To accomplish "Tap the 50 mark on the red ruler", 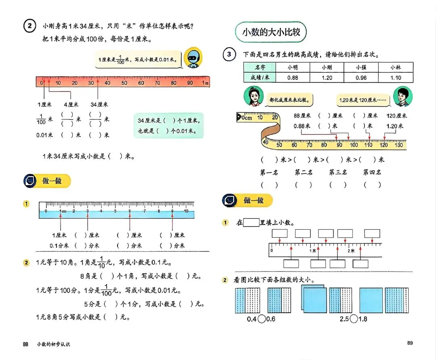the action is click(124, 83).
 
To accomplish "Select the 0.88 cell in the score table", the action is click(293, 77).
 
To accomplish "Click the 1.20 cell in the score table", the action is click(327, 77).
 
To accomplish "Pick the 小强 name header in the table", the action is click(361, 67).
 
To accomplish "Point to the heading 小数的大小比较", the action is click(271, 32).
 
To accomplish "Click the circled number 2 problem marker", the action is click(30, 27).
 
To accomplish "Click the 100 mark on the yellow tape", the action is click(354, 145).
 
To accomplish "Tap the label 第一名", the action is click(269, 172).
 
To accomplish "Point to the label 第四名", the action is click(372, 172).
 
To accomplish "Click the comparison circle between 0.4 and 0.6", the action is click(262, 319).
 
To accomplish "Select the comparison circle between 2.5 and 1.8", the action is click(354, 319).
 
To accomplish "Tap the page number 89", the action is click(410, 343).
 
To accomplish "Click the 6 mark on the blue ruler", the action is click(130, 211).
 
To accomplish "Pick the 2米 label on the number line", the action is click(351, 251).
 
